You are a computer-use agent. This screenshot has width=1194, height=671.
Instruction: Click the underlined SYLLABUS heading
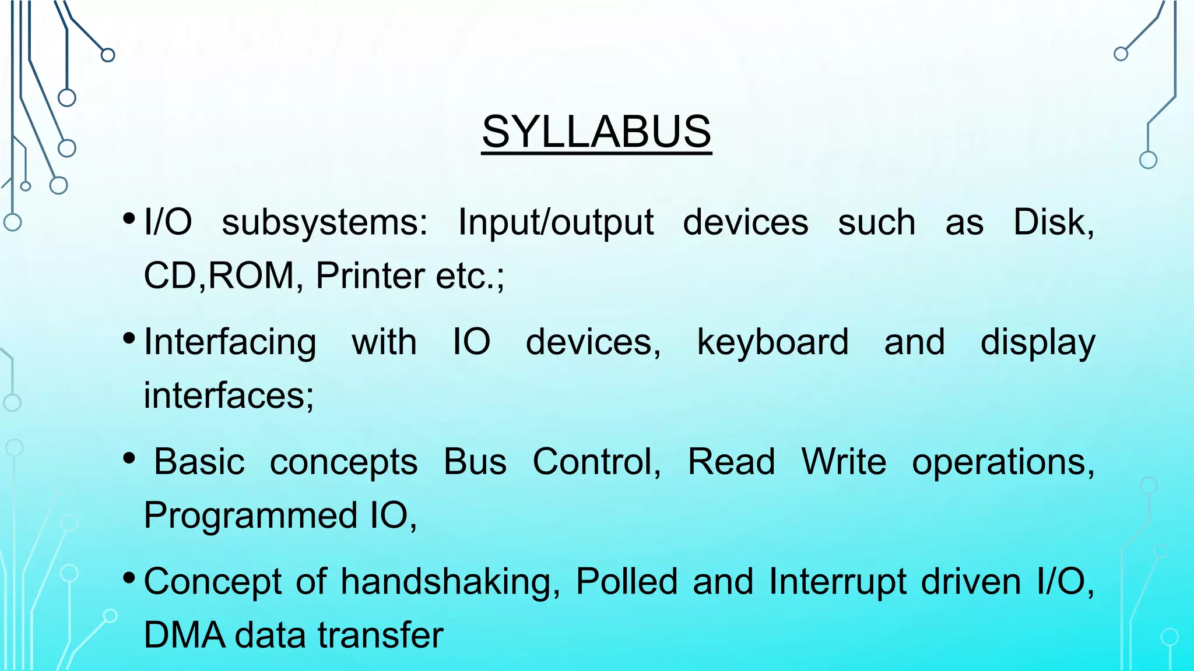click(596, 132)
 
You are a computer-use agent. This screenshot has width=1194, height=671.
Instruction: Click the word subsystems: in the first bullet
click(325, 223)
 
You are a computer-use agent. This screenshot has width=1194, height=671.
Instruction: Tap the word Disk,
click(1053, 222)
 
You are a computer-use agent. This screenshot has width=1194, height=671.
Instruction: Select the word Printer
click(370, 276)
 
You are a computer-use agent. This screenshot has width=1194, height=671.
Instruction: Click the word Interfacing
click(230, 342)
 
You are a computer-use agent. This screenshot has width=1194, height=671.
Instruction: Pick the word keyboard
click(772, 342)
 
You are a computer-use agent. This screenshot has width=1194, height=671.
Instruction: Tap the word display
click(1038, 342)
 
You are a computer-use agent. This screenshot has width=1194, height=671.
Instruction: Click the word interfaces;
click(229, 395)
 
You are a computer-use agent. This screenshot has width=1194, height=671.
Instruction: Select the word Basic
click(199, 462)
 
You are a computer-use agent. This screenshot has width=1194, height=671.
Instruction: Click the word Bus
click(475, 462)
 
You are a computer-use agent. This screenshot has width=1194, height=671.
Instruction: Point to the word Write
click(844, 462)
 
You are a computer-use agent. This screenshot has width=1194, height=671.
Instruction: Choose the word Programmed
click(251, 516)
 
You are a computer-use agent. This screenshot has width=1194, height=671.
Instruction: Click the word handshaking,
click(451, 582)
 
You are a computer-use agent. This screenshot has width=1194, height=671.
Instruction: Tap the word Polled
click(627, 582)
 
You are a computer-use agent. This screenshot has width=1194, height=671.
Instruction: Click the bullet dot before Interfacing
click(129, 338)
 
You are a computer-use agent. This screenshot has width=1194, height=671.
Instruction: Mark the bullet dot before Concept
click(129, 578)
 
